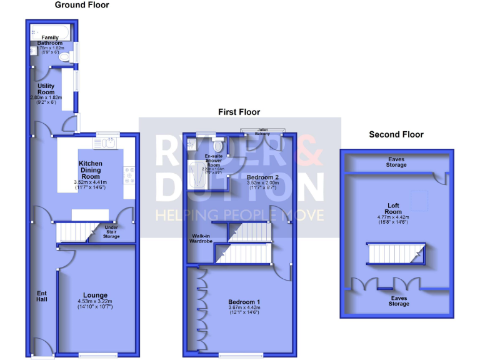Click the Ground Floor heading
click(x=82, y=5)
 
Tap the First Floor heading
click(x=239, y=112)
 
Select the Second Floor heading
click(x=396, y=134)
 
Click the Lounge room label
click(x=95, y=295)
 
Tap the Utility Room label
click(x=46, y=89)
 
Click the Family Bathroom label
click(x=50, y=40)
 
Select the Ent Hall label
click(x=42, y=296)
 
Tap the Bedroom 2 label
click(x=245, y=177)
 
